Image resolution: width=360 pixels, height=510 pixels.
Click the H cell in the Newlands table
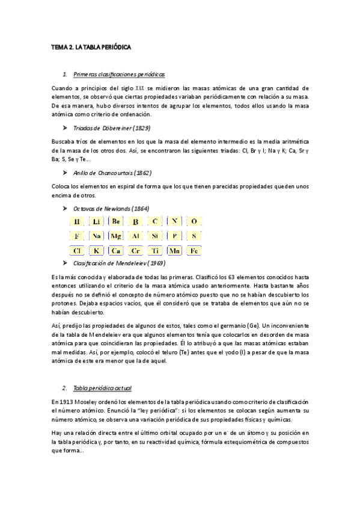(77, 222)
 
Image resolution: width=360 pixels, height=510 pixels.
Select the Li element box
(96, 222)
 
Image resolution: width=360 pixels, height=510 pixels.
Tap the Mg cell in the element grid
(116, 236)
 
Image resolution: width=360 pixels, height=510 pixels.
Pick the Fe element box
(194, 251)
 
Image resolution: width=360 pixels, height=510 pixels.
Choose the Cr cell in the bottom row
(135, 251)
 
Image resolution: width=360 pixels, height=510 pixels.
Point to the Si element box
(154, 236)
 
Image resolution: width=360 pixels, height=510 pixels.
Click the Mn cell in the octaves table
(174, 251)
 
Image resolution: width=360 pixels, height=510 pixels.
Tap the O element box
(194, 222)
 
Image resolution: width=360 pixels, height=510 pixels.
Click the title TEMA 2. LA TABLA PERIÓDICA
(91, 46)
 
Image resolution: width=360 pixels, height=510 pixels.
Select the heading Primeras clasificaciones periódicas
(118, 74)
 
